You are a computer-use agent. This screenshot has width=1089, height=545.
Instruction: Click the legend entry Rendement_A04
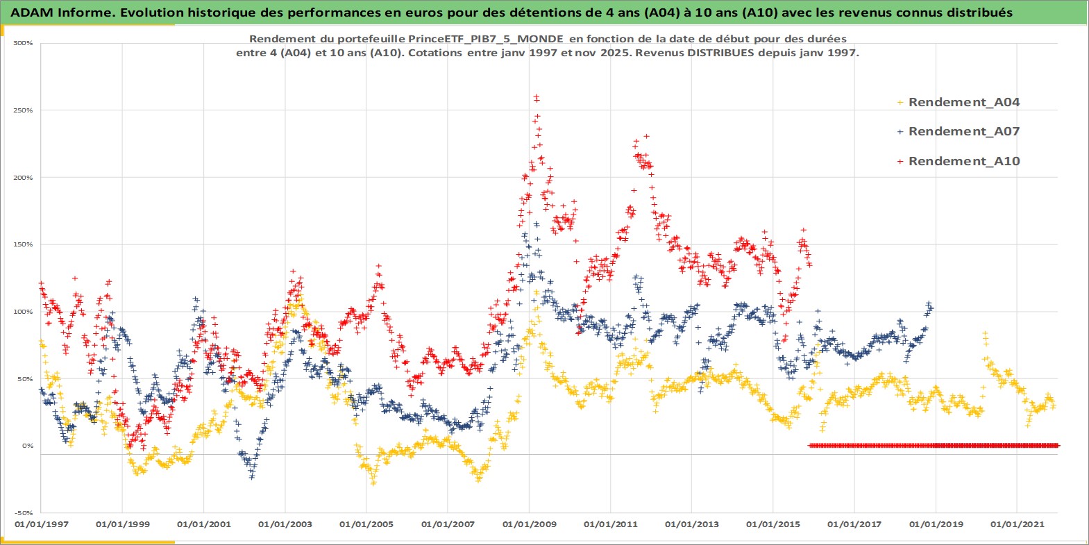[x=963, y=102]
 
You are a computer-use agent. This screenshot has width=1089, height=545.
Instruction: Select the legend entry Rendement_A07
[x=963, y=131]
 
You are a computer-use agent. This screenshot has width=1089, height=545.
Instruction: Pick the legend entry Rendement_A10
[x=963, y=161]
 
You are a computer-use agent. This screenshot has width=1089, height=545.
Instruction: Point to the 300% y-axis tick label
[x=23, y=43]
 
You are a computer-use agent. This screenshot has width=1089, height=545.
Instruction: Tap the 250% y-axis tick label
[x=23, y=110]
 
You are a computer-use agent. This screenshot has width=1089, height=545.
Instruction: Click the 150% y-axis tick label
[x=23, y=244]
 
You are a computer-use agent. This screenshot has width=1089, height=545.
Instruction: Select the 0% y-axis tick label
[x=27, y=446]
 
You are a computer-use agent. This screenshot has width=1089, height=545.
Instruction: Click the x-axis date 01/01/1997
[x=42, y=524]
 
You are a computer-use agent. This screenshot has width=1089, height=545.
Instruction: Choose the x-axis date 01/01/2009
[x=529, y=524]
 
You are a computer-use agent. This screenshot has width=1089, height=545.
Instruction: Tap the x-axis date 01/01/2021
[x=1017, y=524]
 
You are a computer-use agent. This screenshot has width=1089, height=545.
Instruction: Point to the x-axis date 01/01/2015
[x=773, y=524]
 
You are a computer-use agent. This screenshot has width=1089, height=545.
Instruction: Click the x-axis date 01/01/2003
[x=285, y=524]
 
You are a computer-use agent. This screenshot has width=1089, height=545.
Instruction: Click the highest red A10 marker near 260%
[x=535, y=97]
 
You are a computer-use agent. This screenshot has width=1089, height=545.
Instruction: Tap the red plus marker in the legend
[x=900, y=161]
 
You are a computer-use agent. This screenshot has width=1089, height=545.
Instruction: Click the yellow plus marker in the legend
[x=900, y=102]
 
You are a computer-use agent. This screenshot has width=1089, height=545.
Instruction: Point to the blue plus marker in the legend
[x=900, y=131]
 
